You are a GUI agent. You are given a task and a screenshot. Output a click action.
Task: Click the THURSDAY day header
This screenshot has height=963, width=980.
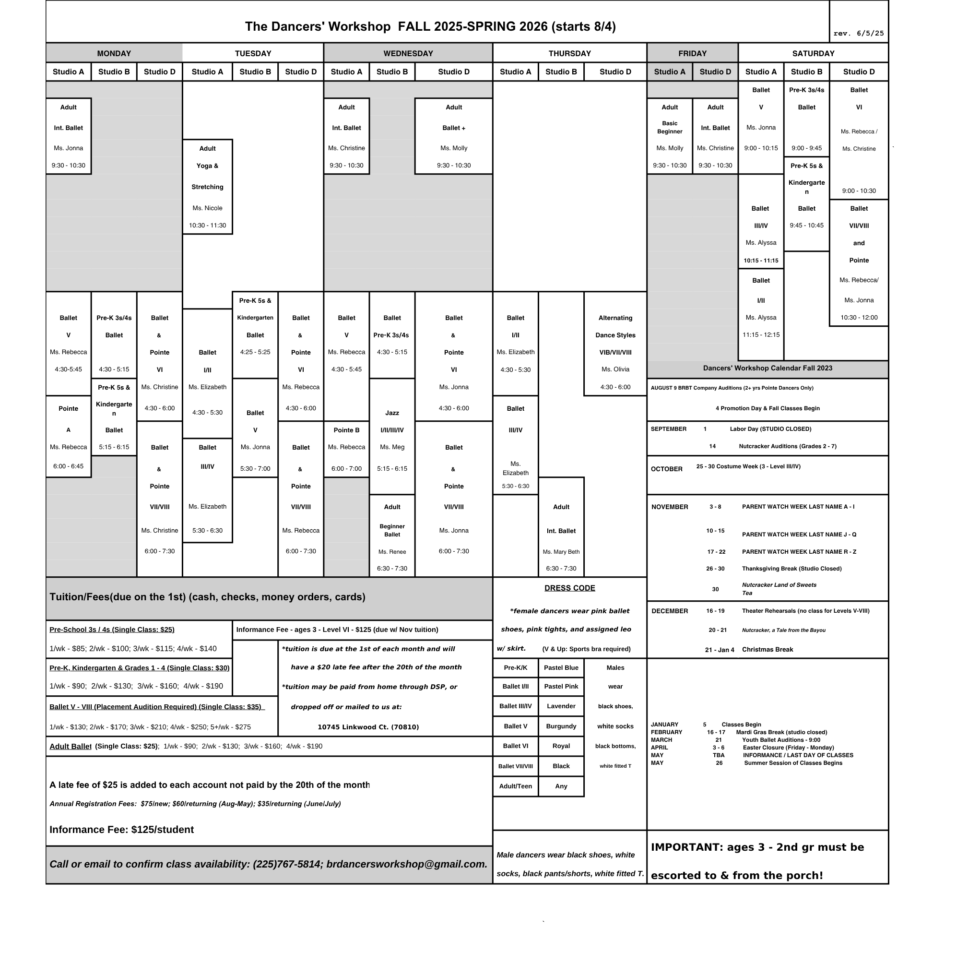pos(569,53)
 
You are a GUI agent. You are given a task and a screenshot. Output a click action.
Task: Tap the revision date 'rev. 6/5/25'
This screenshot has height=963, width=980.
pos(859,34)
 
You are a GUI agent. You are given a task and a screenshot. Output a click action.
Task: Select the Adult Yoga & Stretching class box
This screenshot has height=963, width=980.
pos(207,186)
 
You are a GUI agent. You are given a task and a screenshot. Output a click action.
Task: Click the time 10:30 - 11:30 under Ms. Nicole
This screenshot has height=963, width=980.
pos(207,226)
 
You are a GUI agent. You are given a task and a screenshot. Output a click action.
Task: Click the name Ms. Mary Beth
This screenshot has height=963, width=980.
pos(561,552)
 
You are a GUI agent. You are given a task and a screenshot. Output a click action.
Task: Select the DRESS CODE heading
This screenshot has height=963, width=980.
pos(569,588)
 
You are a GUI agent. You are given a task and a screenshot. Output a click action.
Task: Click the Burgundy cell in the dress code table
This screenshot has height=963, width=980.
pos(561,726)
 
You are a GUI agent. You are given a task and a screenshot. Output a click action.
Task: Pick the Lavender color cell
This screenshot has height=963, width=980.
pos(561,706)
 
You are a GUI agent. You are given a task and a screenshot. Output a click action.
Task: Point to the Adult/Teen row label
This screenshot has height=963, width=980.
pos(515,786)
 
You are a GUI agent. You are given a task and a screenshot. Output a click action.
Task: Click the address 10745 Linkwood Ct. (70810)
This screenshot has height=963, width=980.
pos(368,727)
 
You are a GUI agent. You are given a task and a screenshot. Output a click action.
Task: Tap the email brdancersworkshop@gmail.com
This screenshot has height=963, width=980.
pos(407,864)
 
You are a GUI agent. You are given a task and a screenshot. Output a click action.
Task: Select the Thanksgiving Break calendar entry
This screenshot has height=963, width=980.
pos(791,569)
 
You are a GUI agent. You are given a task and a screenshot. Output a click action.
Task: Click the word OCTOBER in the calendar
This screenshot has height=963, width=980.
pos(666,469)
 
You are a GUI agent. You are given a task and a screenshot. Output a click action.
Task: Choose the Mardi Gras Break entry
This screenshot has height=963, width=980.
pos(781,732)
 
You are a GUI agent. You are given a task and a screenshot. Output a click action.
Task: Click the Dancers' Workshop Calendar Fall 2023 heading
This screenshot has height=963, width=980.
pos(767,368)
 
